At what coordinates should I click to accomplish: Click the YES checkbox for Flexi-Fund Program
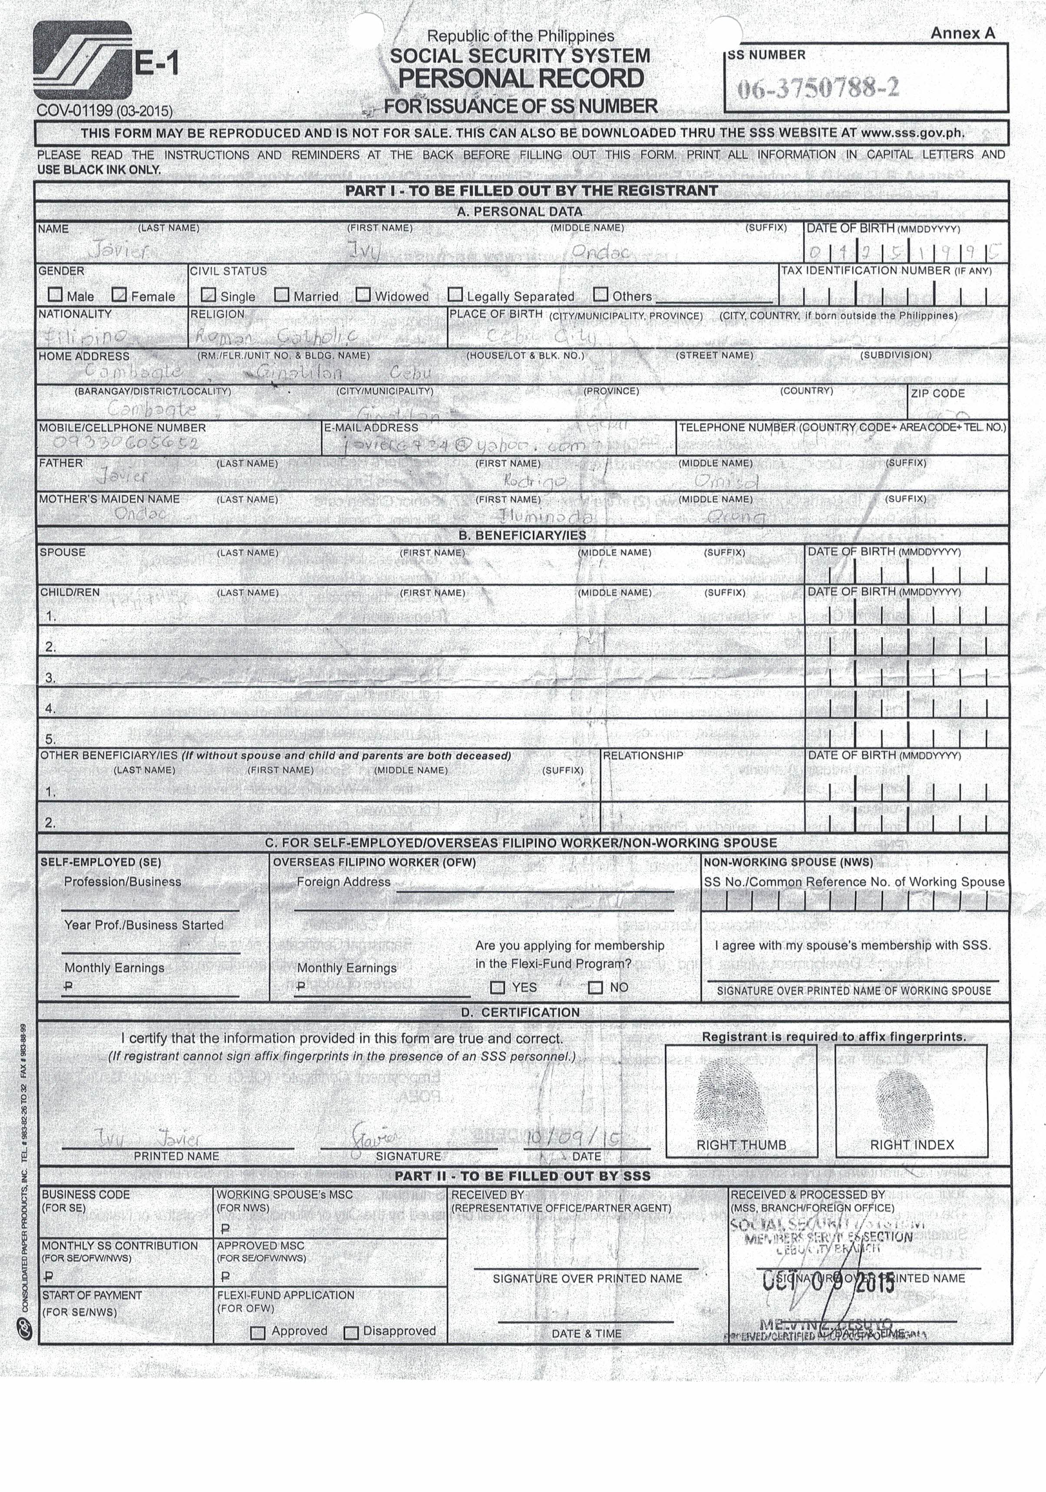click(497, 987)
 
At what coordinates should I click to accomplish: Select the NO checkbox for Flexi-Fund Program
click(595, 987)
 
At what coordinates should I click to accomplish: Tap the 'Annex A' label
click(962, 33)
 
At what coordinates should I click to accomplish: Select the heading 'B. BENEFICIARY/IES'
click(522, 535)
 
